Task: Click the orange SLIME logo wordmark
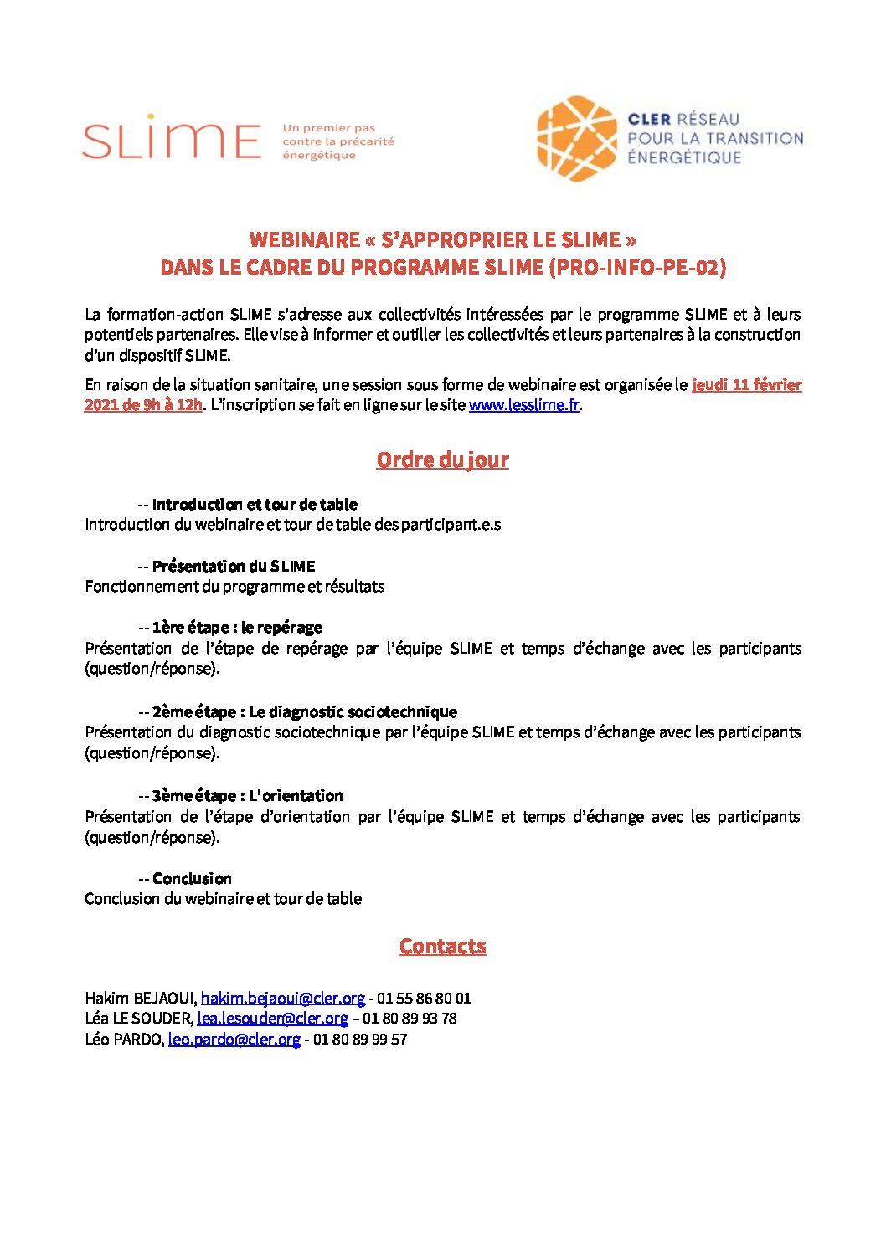tap(172, 138)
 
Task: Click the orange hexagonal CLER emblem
tap(576, 138)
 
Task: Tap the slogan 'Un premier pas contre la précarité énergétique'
tap(338, 141)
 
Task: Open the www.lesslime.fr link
tap(523, 405)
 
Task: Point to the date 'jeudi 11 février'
tap(746, 385)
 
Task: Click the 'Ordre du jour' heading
tap(442, 460)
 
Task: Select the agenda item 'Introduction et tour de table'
tap(255, 505)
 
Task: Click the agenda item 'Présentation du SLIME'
tap(234, 567)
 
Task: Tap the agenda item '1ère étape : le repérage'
tap(237, 628)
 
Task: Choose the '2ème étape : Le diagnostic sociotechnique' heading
tap(305, 712)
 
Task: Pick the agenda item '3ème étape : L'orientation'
tap(248, 796)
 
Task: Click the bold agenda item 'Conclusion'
tap(192, 879)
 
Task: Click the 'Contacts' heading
tap(442, 947)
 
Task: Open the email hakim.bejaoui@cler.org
tap(283, 999)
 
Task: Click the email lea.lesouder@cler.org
tap(272, 1019)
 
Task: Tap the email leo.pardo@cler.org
tap(234, 1040)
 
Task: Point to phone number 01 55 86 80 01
tap(424, 999)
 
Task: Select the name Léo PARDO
tap(123, 1040)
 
